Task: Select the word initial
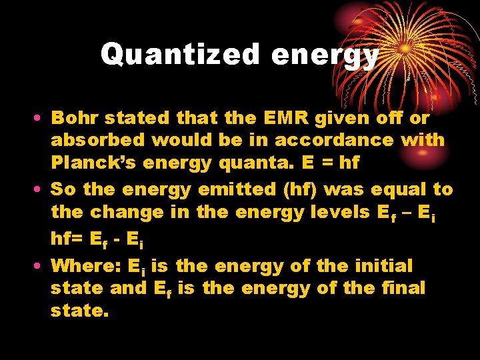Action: pyautogui.click(x=383, y=265)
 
